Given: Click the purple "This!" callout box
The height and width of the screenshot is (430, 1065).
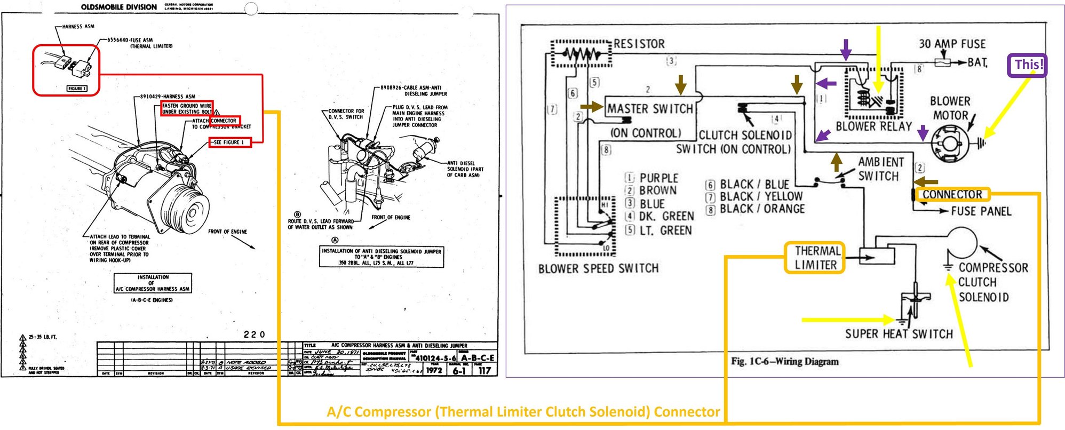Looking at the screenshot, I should [x=1027, y=65].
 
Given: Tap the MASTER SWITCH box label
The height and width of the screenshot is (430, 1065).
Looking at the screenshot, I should [x=650, y=109].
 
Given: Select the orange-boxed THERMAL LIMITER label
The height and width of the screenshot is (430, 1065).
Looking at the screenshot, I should [x=815, y=258].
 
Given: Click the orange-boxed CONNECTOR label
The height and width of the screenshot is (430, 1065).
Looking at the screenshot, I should [x=952, y=194].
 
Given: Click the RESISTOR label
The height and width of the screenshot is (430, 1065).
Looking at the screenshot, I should [x=639, y=44].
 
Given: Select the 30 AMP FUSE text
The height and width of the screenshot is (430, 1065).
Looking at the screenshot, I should [x=952, y=44].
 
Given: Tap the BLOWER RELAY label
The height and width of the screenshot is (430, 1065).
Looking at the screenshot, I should [x=873, y=126].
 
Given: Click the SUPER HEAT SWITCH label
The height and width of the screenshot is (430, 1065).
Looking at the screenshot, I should [x=899, y=334].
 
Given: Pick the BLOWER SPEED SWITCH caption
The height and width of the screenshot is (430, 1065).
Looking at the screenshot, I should [x=598, y=268].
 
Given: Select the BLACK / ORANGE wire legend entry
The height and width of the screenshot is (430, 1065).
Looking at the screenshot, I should [x=761, y=209].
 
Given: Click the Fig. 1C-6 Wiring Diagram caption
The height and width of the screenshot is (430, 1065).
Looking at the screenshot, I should [x=784, y=361].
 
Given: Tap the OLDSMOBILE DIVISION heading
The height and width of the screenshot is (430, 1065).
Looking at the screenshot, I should [x=118, y=7].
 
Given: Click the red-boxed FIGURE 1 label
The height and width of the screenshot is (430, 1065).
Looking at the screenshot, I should [x=77, y=89].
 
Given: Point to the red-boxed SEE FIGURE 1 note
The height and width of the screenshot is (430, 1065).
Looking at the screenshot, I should [x=229, y=142].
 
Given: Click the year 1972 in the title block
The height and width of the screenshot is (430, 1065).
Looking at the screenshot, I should [x=434, y=370].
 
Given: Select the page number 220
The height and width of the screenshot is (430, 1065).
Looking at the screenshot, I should [x=254, y=335].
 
